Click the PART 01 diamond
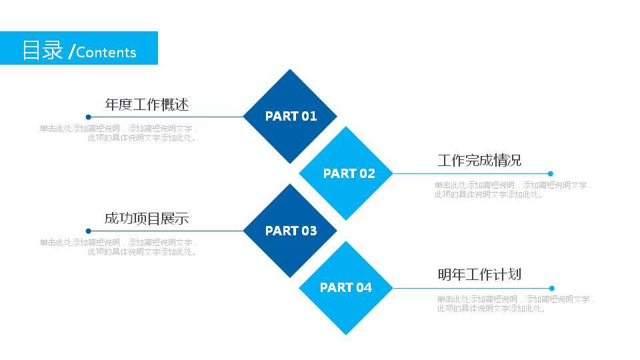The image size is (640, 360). (290, 116)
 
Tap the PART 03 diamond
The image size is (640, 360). (290, 231)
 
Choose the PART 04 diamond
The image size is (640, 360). (345, 288)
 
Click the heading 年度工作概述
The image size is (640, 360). (147, 105)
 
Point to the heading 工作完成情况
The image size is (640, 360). (479, 161)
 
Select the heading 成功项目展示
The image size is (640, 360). (147, 219)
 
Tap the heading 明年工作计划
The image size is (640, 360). (479, 275)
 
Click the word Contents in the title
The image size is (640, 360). (106, 53)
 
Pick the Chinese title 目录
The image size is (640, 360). (43, 50)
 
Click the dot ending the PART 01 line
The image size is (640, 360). (88, 117)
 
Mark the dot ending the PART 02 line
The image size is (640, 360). (551, 173)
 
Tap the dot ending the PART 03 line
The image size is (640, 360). (88, 231)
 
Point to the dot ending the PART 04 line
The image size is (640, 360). (551, 288)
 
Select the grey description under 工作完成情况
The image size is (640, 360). (513, 190)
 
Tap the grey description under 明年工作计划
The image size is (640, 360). (515, 304)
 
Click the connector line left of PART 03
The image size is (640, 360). (167, 231)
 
